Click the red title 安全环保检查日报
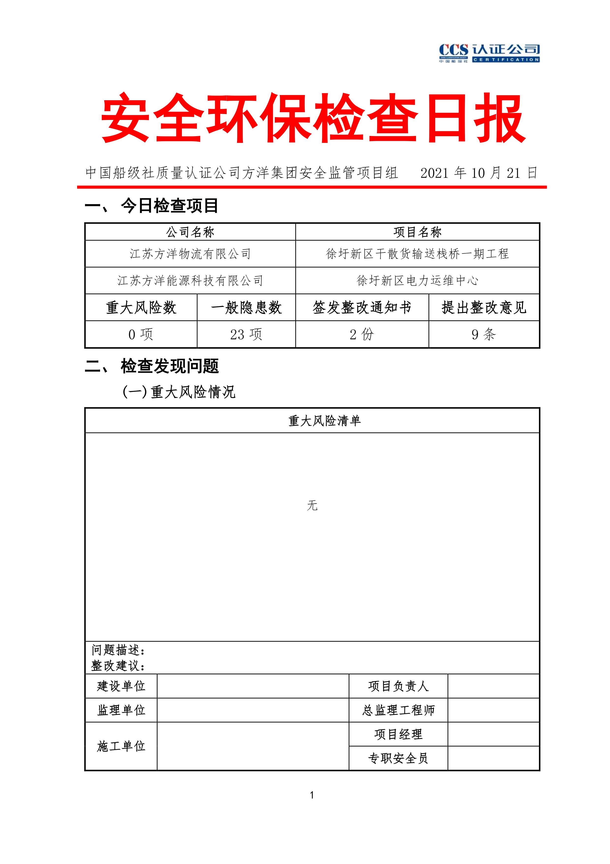pos(313,118)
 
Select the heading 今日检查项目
pos(169,206)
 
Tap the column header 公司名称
pos(190,232)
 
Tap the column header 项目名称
pos(417,232)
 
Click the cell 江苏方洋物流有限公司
pos(190,254)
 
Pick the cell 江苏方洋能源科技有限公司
pos(190,281)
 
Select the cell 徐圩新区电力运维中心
pos(417,281)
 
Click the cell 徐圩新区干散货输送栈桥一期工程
pos(417,254)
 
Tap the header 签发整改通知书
pos(362,308)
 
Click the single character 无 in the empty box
pos(312,505)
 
